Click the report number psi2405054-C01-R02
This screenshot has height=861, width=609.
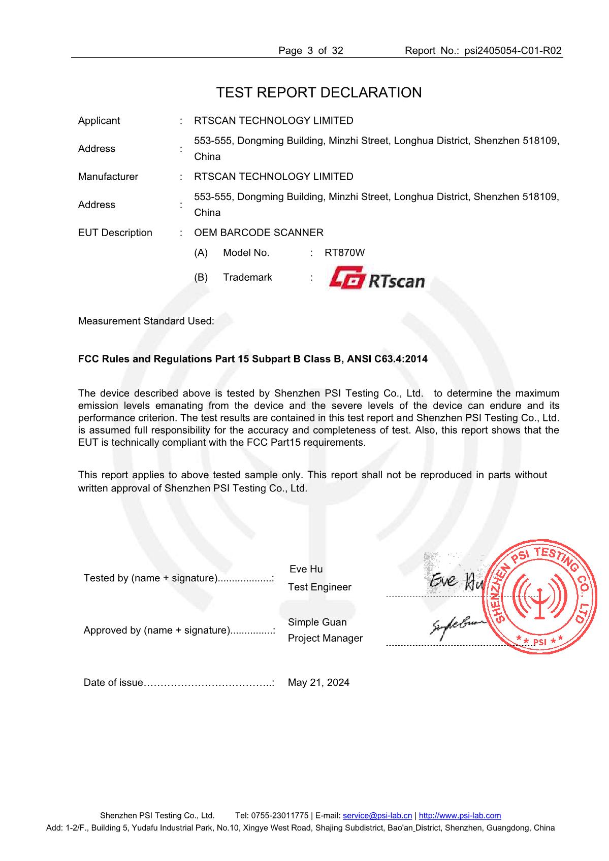click(x=512, y=50)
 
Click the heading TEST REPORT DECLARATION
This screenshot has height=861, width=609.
click(x=318, y=92)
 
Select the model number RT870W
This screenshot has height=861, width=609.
click(x=344, y=252)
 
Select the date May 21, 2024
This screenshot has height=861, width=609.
click(x=318, y=682)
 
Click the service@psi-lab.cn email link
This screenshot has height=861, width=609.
click(x=377, y=815)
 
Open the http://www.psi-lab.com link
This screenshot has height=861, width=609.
click(x=460, y=815)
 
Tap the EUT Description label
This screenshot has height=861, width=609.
click(x=115, y=233)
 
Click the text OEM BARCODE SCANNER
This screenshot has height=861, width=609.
click(x=259, y=233)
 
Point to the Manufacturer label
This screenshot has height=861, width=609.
click(x=108, y=177)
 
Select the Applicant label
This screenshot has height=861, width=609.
click(x=99, y=120)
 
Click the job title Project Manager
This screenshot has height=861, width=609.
click(x=325, y=638)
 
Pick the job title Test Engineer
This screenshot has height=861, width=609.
click(x=319, y=587)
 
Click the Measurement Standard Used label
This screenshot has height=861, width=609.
click(x=146, y=321)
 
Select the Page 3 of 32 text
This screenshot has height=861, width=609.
click(x=311, y=50)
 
